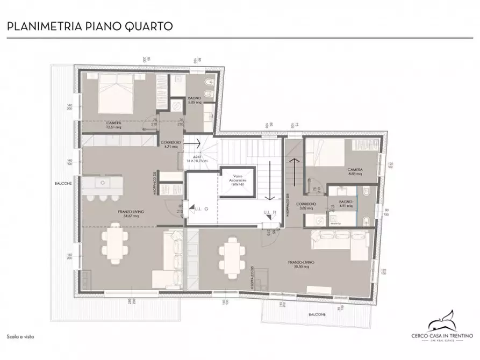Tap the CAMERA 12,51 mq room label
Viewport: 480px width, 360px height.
[113, 125]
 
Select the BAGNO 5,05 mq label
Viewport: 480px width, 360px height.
[194, 100]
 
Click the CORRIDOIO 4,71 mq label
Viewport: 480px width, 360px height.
[171, 144]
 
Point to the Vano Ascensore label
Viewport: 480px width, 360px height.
[238, 182]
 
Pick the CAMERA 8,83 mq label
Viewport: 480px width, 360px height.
[355, 171]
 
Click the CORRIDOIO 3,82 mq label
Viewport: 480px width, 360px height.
[305, 206]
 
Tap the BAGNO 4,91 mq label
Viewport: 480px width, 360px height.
[346, 205]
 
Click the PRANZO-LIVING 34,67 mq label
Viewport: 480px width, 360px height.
[131, 214]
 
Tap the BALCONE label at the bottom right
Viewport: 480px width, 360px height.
[317, 314]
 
